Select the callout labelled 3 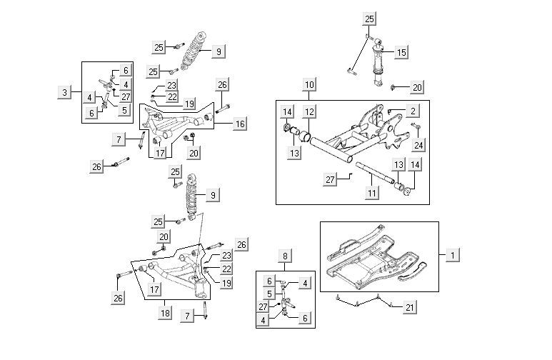[64, 92]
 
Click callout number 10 [308, 85]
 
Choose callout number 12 [308, 111]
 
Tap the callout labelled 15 [401, 52]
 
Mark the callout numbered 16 [240, 124]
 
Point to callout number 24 [418, 144]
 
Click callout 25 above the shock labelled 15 [368, 19]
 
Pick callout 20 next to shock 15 [418, 87]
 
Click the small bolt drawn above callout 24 [417, 127]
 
